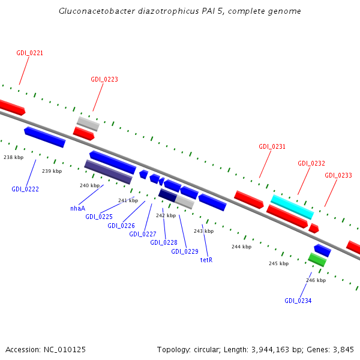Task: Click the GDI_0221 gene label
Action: (29, 53)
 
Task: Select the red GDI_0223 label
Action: (104, 79)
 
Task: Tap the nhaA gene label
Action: (77, 208)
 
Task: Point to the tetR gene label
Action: (206, 260)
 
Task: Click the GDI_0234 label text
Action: (298, 301)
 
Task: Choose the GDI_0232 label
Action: (311, 163)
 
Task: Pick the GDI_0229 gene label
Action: (185, 251)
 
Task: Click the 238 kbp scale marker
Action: (14, 157)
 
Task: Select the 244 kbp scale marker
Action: (242, 247)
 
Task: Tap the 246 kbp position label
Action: (316, 280)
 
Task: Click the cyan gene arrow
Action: (292, 207)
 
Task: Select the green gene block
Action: (317, 260)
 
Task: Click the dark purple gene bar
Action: (109, 172)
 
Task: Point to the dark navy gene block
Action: (167, 196)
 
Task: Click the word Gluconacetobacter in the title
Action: (97, 11)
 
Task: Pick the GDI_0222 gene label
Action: (25, 189)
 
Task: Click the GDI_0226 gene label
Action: (121, 226)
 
